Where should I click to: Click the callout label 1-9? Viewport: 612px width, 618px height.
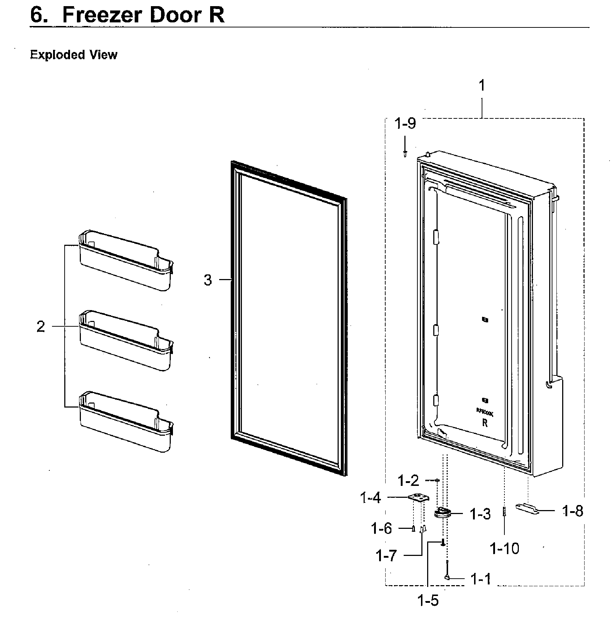coord(405,124)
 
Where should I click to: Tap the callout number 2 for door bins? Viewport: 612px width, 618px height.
coord(41,327)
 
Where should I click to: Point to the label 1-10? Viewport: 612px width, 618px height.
coord(504,549)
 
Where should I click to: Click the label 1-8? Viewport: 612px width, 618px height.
coord(573,511)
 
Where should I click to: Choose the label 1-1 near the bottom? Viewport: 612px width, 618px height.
coord(481,579)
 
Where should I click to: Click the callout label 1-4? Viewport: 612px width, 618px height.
coord(370,499)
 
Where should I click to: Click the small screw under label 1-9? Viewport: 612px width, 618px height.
coord(405,154)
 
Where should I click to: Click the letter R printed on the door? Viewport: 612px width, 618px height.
coord(485,423)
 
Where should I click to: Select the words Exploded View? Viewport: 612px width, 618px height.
coord(74,55)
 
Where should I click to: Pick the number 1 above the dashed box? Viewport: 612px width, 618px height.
coord(482,86)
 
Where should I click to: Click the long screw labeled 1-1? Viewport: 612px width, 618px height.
coord(447,570)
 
